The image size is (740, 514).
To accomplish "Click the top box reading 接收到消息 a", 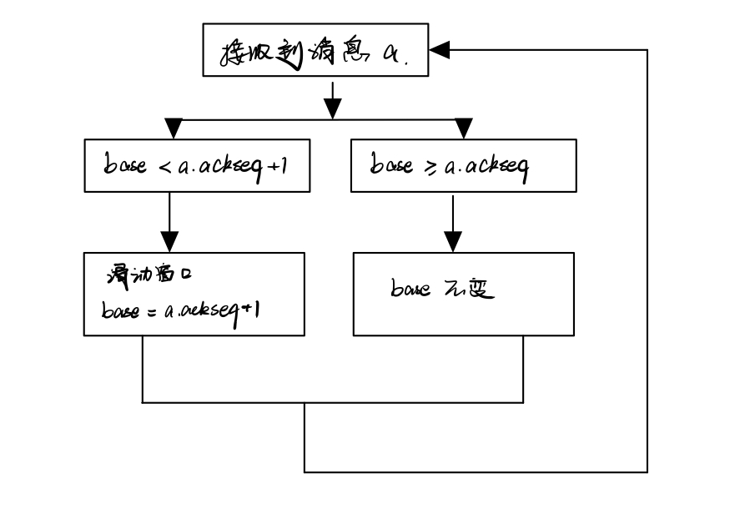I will pos(315,51).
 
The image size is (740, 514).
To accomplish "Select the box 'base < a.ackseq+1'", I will pos(197,166).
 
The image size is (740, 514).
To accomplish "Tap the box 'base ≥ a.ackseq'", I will pos(463,166).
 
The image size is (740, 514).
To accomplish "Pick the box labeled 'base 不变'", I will pos(463,294).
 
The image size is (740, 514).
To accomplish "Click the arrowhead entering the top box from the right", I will pos(440,51).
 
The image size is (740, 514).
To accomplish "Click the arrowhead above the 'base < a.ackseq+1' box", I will pos(173,128).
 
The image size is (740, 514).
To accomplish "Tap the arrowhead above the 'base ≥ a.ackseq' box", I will pos(464,128).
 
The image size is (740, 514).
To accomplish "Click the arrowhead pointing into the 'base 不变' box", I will pos(451,241).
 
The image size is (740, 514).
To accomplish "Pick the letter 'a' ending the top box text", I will pos(390,53).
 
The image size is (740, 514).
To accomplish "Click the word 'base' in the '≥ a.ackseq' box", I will pos(391,165).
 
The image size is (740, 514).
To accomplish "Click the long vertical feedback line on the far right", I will pos(647,259).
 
